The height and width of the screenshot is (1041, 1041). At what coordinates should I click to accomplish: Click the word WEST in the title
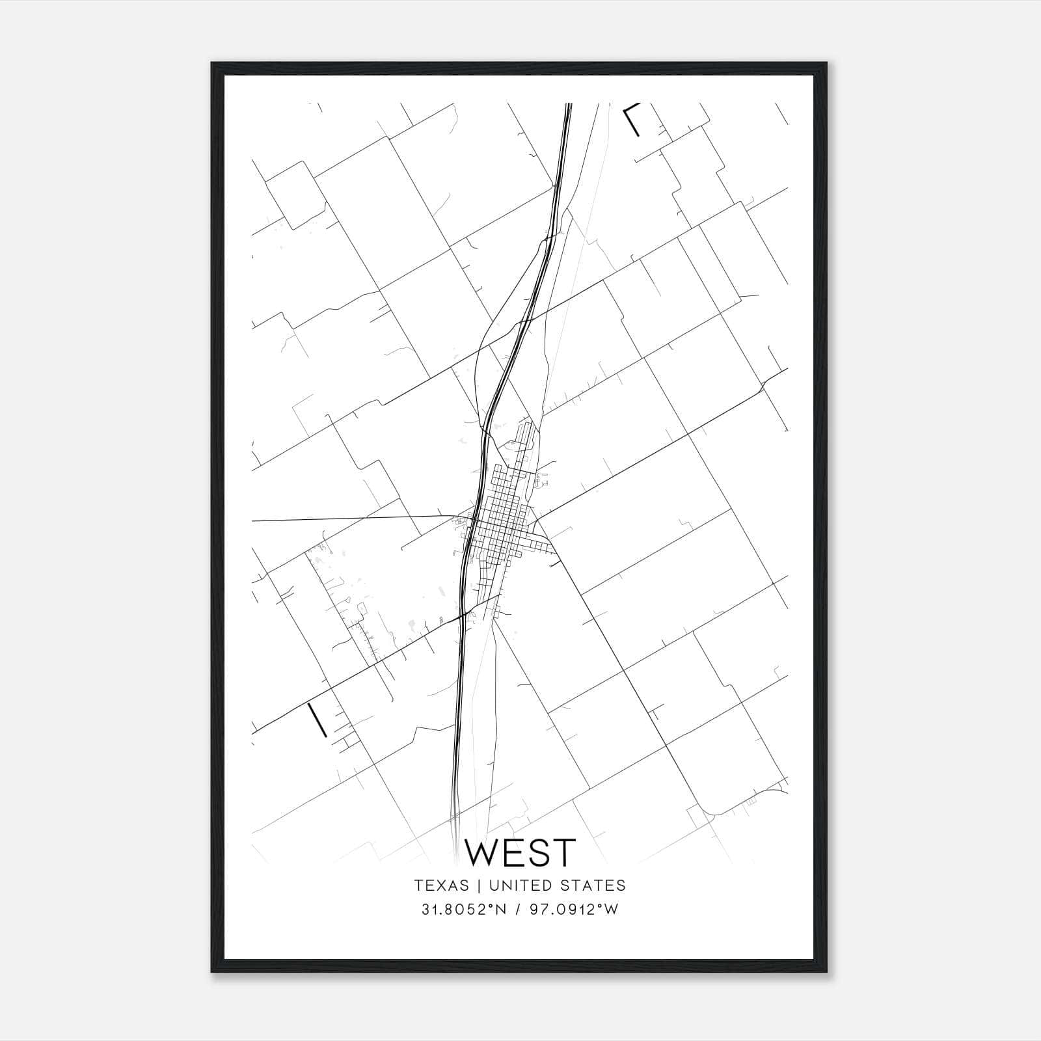coord(520,852)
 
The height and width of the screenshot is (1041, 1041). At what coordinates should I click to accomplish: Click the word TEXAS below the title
coord(441,886)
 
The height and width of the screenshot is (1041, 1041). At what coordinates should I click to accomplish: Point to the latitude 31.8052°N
coord(464,910)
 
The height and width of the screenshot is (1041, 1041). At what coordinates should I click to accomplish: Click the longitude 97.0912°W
coord(572,910)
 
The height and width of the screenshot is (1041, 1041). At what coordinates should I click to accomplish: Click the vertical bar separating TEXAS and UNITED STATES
coord(479,886)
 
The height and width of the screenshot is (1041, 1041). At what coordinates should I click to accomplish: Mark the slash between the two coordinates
coord(518,910)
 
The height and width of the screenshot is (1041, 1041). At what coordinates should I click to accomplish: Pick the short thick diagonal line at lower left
coord(317,719)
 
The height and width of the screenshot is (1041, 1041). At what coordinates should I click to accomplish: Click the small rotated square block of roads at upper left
coord(293,195)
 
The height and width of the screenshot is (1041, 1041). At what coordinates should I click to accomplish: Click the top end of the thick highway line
coord(569,105)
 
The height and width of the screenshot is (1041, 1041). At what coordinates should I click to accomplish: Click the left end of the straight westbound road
coord(253,521)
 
